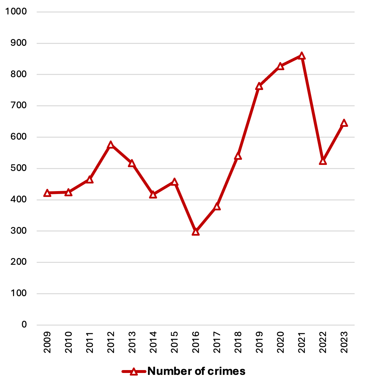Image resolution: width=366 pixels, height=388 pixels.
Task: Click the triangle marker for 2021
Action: click(x=302, y=56)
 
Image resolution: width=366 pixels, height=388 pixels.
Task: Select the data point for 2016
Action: click(x=196, y=232)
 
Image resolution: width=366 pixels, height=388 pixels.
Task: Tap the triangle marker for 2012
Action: click(x=111, y=144)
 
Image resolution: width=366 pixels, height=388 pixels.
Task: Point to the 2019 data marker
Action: click(x=259, y=86)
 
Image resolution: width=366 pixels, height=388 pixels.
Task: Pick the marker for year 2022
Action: click(x=323, y=161)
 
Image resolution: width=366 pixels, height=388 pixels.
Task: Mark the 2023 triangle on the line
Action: click(x=344, y=123)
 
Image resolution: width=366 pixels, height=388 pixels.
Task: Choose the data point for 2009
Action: click(x=47, y=193)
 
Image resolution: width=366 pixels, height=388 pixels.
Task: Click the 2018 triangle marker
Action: click(x=238, y=156)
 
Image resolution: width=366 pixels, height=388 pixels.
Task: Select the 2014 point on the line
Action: click(x=153, y=195)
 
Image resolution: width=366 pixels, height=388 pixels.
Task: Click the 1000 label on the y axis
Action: click(x=16, y=12)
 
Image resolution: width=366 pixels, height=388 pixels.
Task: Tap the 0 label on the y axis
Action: click(x=24, y=325)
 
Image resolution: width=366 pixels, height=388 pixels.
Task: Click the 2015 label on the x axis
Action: click(x=175, y=342)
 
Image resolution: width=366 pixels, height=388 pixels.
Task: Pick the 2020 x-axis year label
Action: click(x=280, y=342)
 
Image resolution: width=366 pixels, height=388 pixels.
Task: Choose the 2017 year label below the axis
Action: click(x=217, y=342)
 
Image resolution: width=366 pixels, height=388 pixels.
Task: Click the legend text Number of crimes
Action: click(x=196, y=371)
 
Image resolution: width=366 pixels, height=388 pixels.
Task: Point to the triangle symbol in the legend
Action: click(x=134, y=372)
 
